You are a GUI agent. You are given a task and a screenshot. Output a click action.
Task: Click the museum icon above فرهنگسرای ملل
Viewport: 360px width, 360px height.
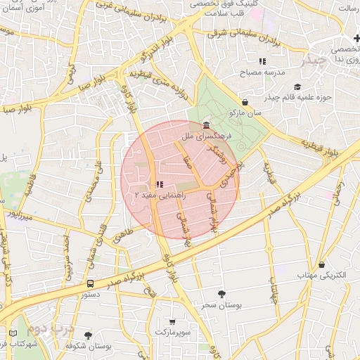[205, 125]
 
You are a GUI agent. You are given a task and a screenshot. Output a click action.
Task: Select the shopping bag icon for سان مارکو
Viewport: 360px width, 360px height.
[245, 102]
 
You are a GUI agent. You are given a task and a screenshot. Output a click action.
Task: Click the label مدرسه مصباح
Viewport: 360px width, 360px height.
[262, 72]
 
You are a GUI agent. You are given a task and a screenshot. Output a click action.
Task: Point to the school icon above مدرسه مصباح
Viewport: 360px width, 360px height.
[262, 62]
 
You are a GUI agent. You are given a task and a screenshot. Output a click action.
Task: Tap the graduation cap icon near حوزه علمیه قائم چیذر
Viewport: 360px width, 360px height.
[297, 88]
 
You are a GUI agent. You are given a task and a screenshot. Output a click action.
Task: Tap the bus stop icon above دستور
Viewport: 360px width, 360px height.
[91, 283]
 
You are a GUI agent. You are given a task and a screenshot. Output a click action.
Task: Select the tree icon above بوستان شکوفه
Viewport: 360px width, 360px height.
[88, 336]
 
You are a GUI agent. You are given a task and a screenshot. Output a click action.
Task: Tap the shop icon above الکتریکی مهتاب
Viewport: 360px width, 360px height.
[321, 265]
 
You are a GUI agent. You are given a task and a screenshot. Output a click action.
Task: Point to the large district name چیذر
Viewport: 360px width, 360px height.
[314, 60]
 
